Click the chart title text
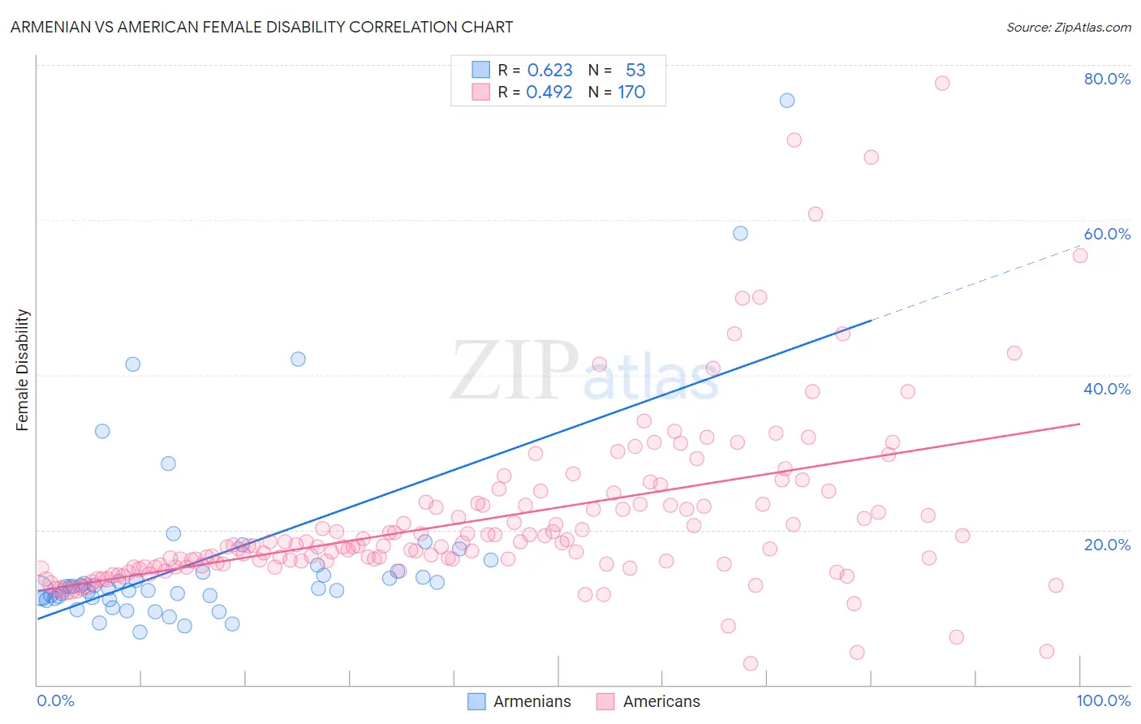261,27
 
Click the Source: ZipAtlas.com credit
1068,27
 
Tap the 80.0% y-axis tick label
1107,79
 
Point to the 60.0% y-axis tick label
1107,234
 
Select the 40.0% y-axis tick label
1107,389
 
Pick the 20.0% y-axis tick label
1107,545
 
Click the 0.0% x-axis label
55,700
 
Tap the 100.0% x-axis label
1103,700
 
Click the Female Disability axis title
23,369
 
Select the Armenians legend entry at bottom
519,701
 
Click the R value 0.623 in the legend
549,71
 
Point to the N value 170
631,93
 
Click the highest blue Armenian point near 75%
787,101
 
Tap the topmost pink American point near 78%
942,83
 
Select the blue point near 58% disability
740,233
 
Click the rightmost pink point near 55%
1080,256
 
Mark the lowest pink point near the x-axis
751,664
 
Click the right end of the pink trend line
1080,424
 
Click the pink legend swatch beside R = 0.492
480,93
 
